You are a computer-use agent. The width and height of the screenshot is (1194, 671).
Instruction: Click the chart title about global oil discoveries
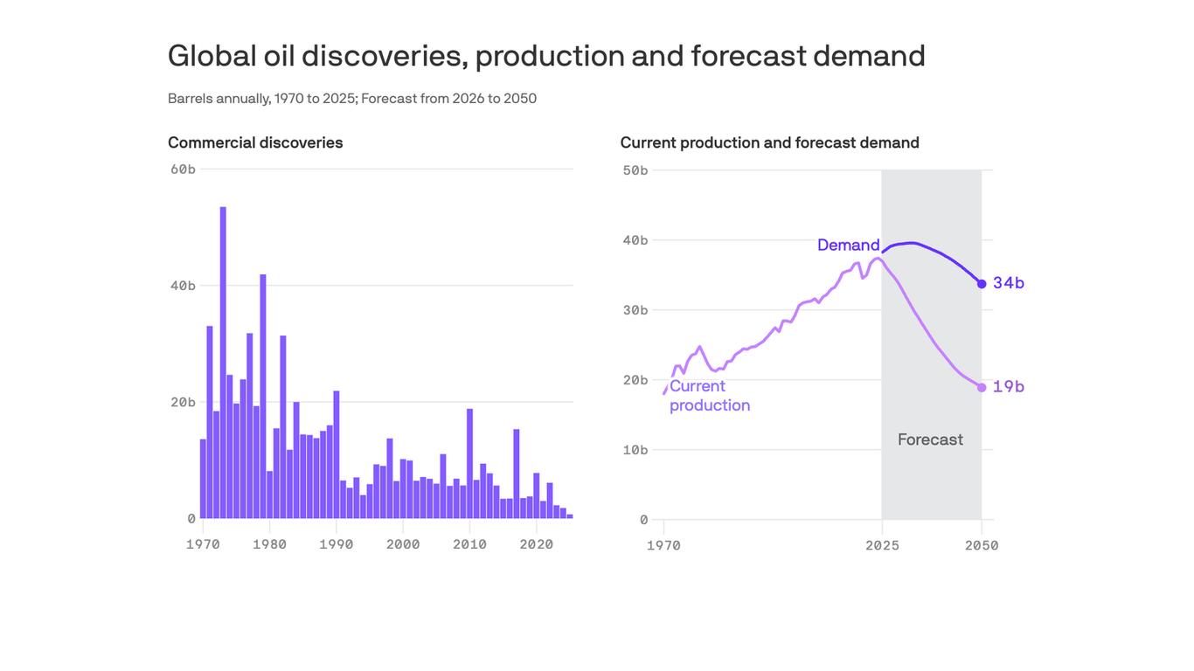(545, 56)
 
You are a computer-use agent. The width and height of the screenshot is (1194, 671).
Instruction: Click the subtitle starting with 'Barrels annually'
(351, 99)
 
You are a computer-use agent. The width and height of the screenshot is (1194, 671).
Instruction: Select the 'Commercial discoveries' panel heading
(255, 142)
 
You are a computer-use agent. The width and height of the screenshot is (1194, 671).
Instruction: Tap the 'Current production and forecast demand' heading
(769, 142)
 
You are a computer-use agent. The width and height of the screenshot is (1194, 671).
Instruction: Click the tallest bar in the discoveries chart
(223, 363)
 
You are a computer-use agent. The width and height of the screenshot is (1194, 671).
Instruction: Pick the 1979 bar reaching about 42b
(262, 397)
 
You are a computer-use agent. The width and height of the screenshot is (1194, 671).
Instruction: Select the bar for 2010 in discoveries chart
(469, 464)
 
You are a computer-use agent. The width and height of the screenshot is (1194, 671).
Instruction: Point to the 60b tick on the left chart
(182, 169)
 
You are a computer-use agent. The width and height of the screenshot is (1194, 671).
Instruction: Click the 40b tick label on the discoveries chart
(182, 286)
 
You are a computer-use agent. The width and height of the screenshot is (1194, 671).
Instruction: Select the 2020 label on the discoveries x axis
(537, 544)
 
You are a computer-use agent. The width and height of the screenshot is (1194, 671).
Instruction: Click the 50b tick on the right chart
(634, 169)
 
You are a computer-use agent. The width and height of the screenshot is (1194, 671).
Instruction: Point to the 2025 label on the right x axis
(882, 546)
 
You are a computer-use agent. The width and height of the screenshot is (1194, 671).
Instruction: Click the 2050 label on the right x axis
(982, 546)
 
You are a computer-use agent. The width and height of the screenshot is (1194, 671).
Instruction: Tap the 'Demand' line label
(848, 246)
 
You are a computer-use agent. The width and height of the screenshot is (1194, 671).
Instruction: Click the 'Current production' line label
(709, 396)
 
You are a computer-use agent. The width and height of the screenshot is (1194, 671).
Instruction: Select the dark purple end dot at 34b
(982, 284)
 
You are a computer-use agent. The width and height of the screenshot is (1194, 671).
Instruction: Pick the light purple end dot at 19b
(982, 387)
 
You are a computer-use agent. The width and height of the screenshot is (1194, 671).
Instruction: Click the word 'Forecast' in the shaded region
(930, 439)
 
